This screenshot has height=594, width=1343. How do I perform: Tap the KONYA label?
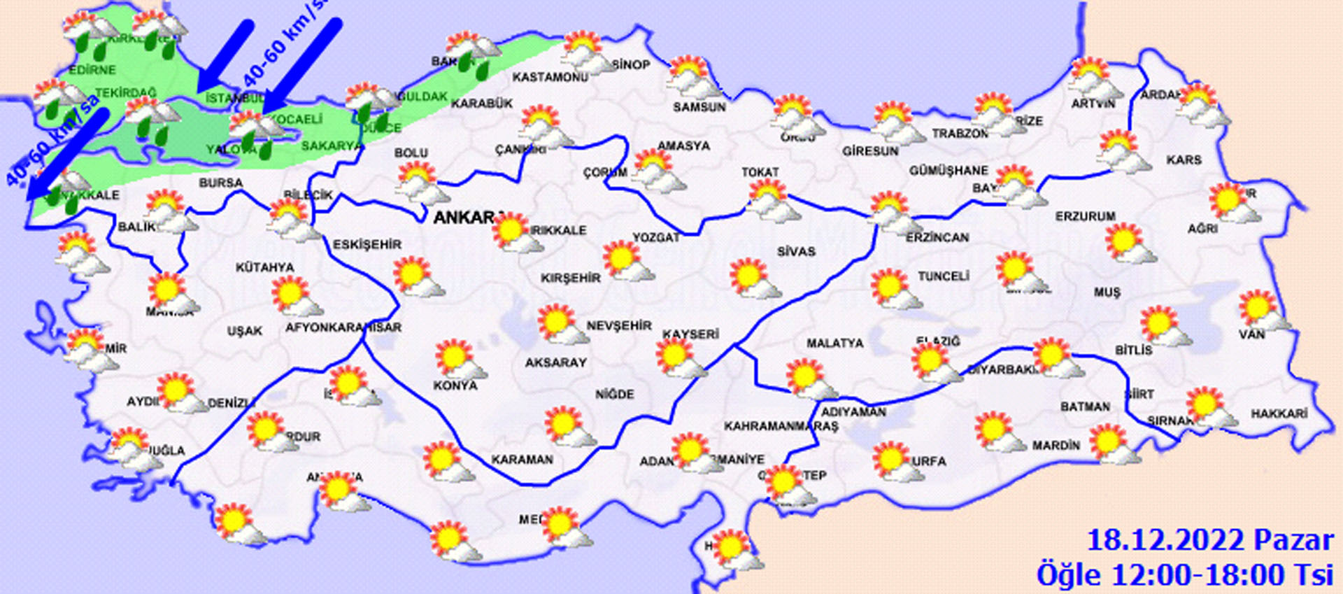click(x=455, y=386)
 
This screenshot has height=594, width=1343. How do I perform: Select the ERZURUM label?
click(x=1085, y=217)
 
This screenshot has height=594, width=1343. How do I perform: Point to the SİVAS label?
click(x=796, y=251)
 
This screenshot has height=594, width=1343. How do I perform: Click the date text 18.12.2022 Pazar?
click(x=1209, y=540)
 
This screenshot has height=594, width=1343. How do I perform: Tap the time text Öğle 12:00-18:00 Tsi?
click(x=1185, y=574)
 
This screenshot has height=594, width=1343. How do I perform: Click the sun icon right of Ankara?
click(x=513, y=232)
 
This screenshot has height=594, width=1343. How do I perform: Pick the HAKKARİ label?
click(x=1279, y=413)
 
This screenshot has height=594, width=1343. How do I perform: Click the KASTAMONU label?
click(x=550, y=77)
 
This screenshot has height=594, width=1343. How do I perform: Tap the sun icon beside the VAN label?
click(x=1260, y=309)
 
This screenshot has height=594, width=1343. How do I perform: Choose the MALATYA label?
click(x=834, y=344)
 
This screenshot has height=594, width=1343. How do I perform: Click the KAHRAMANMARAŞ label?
click(x=781, y=426)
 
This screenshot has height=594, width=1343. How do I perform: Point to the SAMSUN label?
click(x=699, y=107)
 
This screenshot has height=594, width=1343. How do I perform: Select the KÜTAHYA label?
click(x=264, y=267)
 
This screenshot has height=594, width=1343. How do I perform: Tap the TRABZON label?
click(x=960, y=134)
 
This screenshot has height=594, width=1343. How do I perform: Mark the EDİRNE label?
click(x=92, y=70)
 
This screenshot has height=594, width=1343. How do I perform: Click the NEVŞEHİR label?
click(x=618, y=326)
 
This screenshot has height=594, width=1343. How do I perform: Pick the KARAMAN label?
click(x=522, y=460)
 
